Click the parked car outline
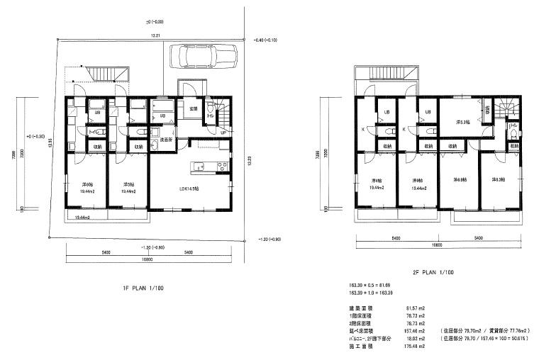[203, 57]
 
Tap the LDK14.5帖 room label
[188, 189]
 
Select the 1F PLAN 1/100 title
[145, 289]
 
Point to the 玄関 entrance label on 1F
[193, 108]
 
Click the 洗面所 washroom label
[168, 141]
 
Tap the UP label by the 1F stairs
[223, 133]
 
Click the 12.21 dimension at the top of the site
[154, 35]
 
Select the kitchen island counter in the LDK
[207, 167]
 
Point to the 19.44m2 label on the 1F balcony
[83, 217]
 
